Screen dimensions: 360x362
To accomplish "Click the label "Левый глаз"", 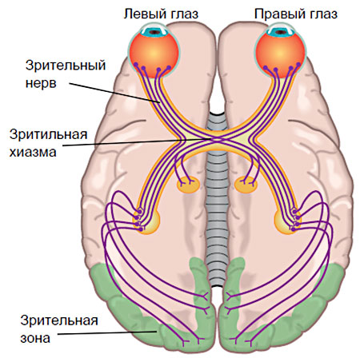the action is (162, 14).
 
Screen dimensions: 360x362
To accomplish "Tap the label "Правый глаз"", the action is (296, 14).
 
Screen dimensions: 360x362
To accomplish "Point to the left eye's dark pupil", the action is (155, 32).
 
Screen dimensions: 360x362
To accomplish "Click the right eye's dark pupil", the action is (280, 32).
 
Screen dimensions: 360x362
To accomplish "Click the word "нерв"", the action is (41, 83).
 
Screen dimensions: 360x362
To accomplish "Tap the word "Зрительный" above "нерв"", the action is (66, 66).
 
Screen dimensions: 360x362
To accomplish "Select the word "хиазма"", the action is (33, 152).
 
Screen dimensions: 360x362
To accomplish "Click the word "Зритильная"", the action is (48, 134).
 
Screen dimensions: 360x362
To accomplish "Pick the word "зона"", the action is (35, 338).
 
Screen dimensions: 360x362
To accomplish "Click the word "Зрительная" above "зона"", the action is (59, 320).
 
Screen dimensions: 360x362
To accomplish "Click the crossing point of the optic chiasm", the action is (218, 139).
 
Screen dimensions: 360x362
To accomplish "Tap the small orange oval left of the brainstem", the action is (188, 185).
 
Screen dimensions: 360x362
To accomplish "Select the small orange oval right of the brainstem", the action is (246, 185).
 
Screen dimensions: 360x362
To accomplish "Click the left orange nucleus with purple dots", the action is (146, 221).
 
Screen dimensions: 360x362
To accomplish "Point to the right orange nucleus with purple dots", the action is (287, 221).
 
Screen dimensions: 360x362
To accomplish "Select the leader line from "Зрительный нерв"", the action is (115, 93).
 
